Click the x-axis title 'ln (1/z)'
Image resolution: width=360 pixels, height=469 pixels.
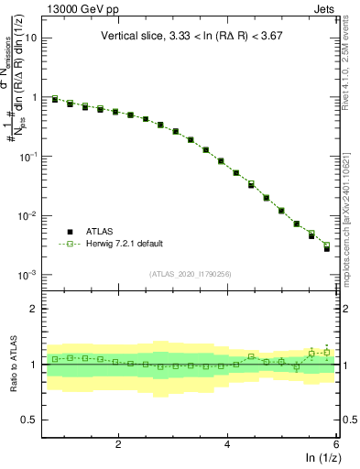(322, 457)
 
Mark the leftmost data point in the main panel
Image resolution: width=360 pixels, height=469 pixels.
(55, 99)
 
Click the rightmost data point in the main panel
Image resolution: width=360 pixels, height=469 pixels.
(327, 248)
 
